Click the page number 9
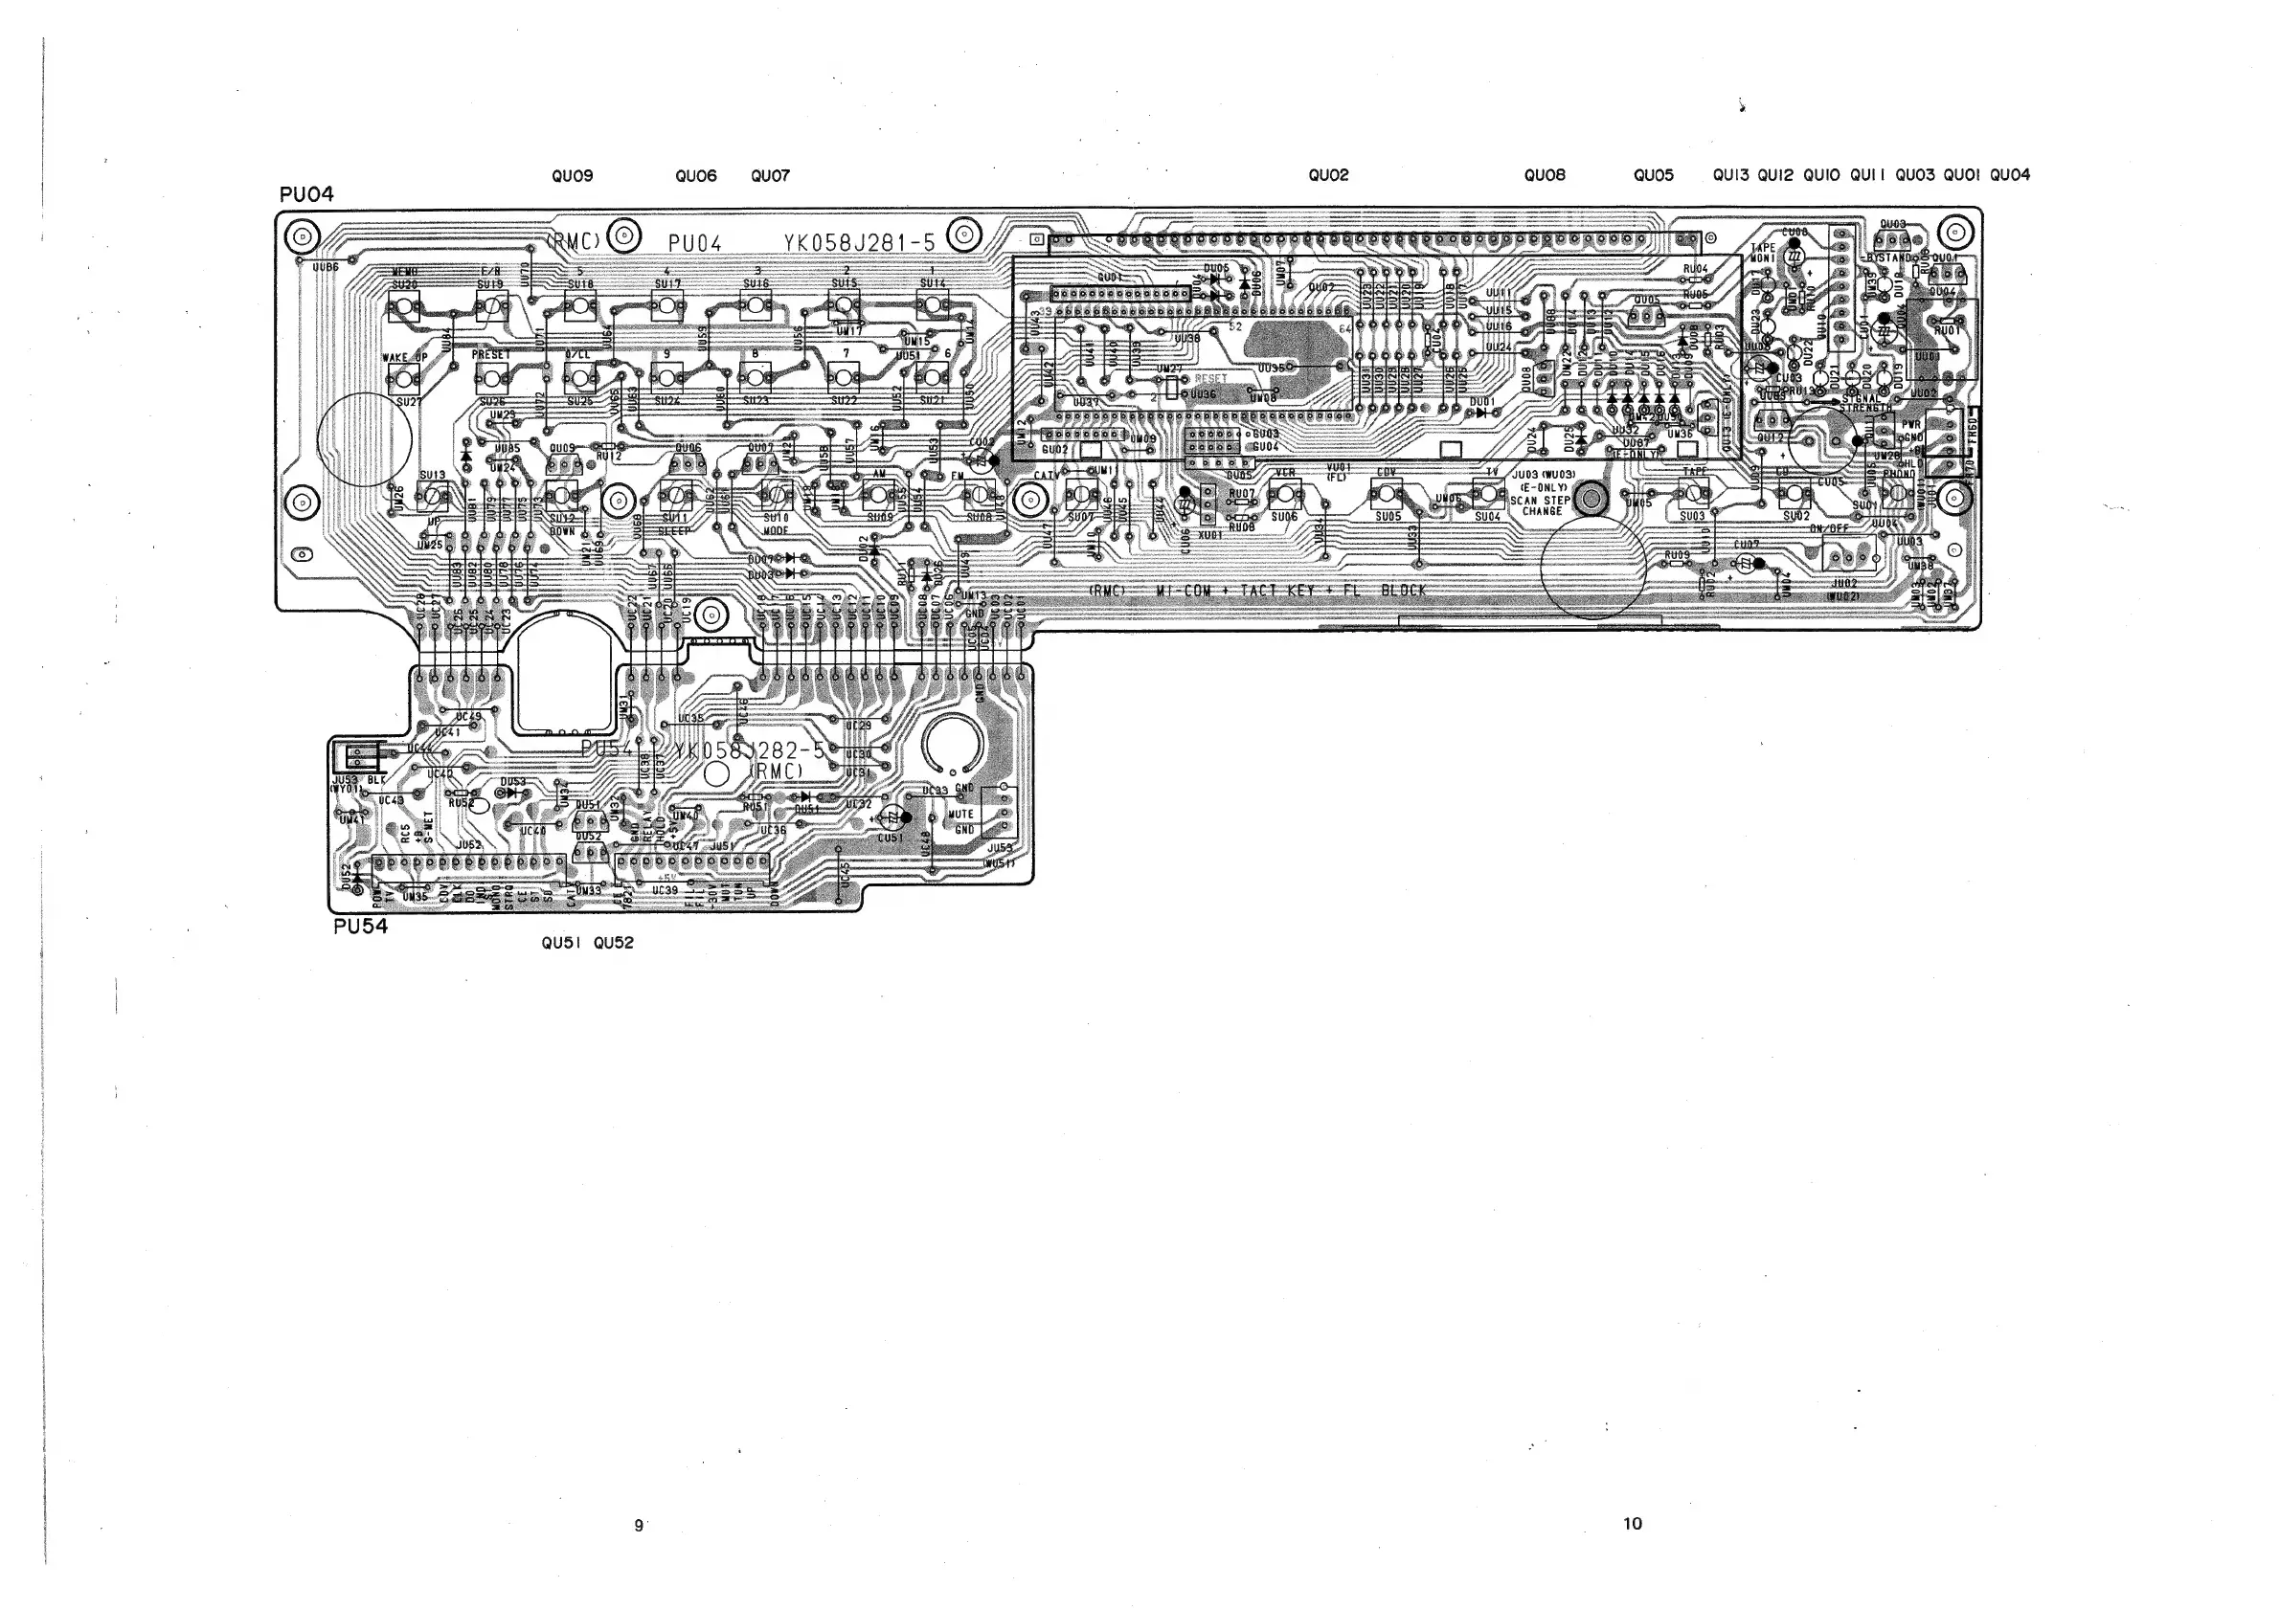click(639, 1525)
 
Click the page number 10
click(1633, 1523)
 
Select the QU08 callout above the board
click(1545, 176)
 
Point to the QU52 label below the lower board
click(613, 943)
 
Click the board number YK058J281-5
click(859, 243)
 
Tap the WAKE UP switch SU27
click(402, 377)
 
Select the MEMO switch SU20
click(402, 307)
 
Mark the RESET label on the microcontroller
click(1210, 378)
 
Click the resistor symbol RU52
click(460, 794)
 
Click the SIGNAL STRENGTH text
click(1865, 403)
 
